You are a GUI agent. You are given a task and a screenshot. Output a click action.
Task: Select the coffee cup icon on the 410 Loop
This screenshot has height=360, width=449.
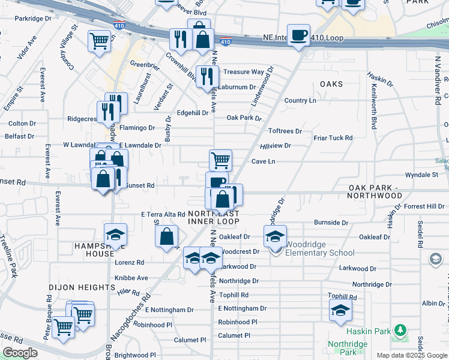pyautogui.click(x=298, y=35)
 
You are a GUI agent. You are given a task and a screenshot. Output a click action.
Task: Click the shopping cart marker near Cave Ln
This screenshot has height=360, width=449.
pyautogui.click(x=220, y=160)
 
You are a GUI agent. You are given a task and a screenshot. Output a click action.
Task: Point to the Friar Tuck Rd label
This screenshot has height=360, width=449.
pyautogui.click(x=333, y=138)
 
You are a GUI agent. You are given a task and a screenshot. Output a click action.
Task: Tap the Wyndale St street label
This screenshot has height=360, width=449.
pyautogui.click(x=421, y=175)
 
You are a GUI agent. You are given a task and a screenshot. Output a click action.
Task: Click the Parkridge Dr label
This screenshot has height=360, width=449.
pyautogui.click(x=34, y=19)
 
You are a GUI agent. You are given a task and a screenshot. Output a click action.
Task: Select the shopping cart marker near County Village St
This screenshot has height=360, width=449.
pyautogui.click(x=99, y=41)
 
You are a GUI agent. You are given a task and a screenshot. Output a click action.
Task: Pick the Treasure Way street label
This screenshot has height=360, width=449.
pyautogui.click(x=244, y=72)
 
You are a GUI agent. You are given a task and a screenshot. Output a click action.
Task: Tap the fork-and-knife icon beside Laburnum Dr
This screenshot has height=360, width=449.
pyautogui.click(x=206, y=76)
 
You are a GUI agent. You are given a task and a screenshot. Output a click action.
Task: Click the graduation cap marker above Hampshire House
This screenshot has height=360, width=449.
pyautogui.click(x=116, y=235)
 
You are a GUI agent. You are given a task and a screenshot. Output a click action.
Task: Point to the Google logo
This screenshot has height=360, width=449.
pyautogui.click(x=20, y=353)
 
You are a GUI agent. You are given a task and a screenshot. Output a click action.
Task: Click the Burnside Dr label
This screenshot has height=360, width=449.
pyautogui.click(x=331, y=223)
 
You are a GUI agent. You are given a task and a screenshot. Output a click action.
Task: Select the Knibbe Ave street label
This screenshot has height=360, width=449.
pyautogui.click(x=131, y=278)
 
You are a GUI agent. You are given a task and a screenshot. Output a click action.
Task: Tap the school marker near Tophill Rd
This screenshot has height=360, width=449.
pyautogui.click(x=340, y=310)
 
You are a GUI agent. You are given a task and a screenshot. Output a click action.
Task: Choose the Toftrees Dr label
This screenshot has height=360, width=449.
pyautogui.click(x=285, y=131)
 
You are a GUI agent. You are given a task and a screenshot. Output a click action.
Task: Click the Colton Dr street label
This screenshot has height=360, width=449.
pyautogui.click(x=22, y=124)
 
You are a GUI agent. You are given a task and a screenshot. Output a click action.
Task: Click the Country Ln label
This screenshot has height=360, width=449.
pyautogui.click(x=300, y=100)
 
